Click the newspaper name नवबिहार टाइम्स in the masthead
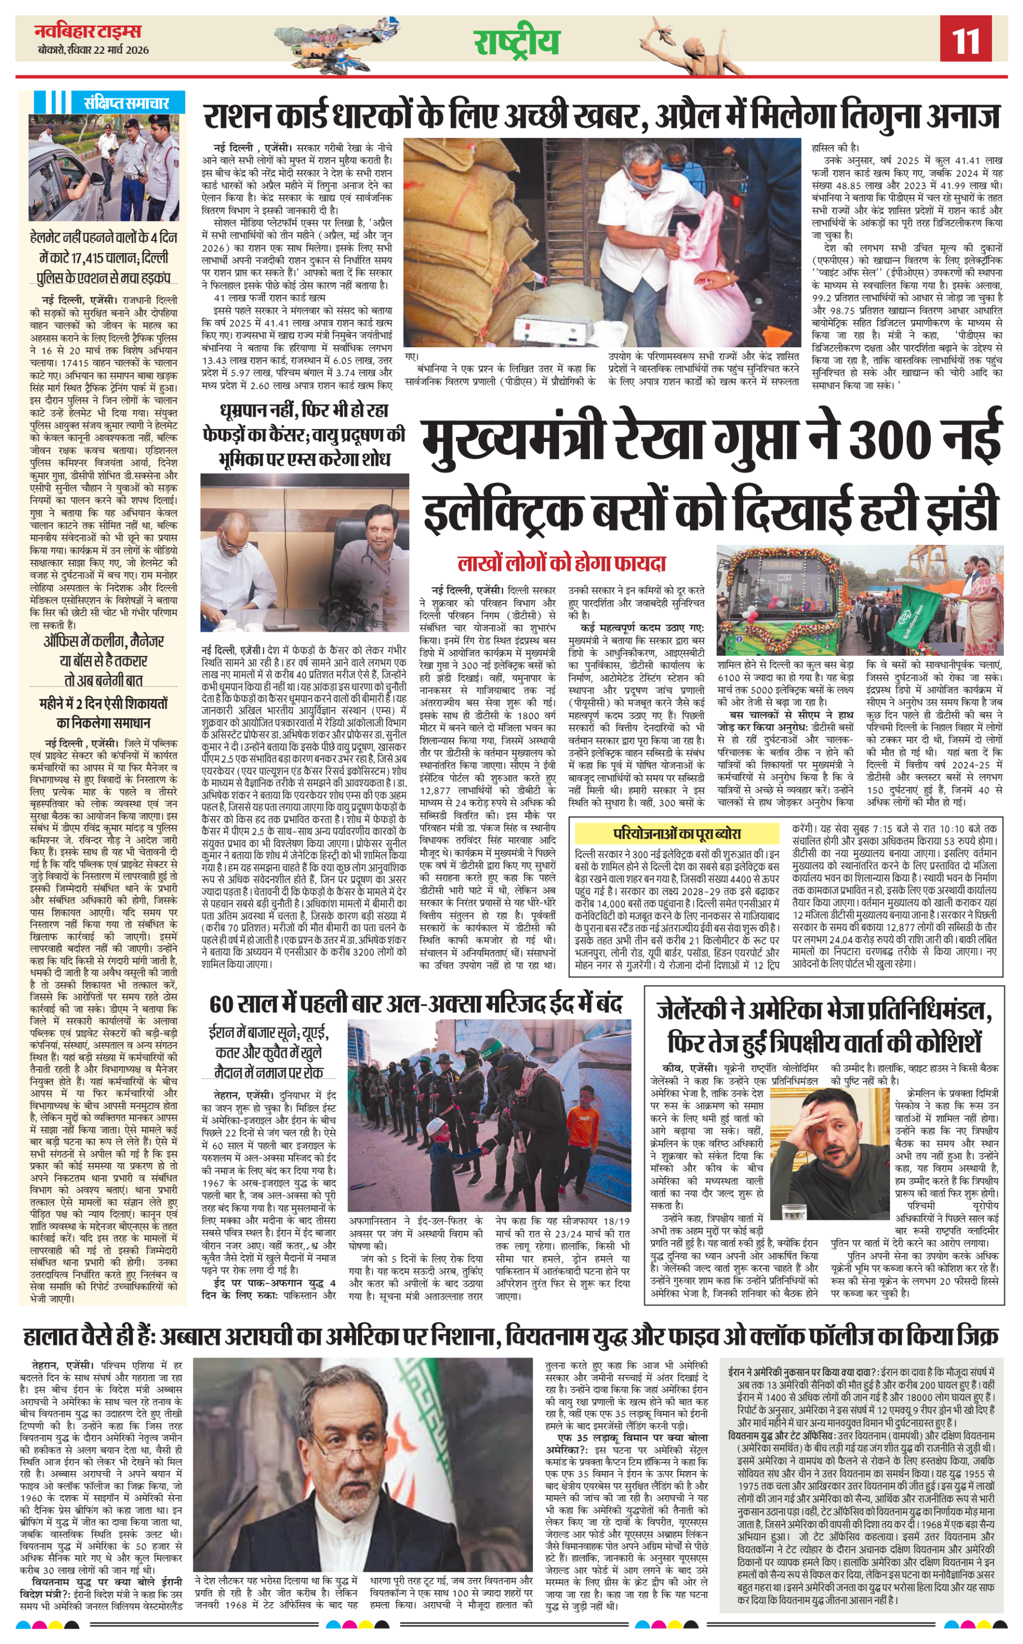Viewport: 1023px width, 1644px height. pos(88,31)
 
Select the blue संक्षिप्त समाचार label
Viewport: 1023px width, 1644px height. pos(126,103)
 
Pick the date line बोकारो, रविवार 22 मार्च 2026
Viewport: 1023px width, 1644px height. pos(94,50)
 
